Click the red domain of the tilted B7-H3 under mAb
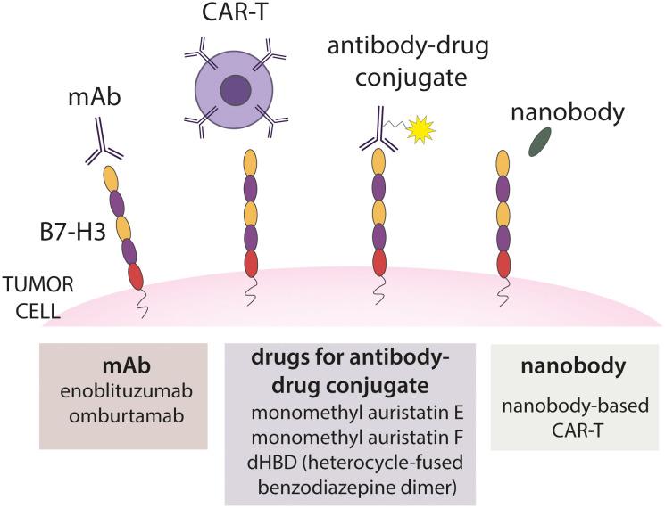[135, 275]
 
